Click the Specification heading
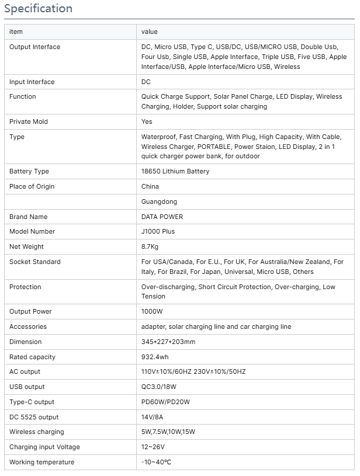tap(38, 9)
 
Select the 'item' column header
tap(16, 32)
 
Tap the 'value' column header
tap(150, 32)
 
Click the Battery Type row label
tap(29, 171)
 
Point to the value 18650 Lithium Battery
tap(175, 171)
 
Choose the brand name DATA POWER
tap(162, 217)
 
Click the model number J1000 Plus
tap(158, 231)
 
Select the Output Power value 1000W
tap(152, 311)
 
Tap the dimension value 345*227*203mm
tap(168, 342)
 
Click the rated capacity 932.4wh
tap(155, 357)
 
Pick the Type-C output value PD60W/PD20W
tap(165, 402)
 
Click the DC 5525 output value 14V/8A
tap(153, 417)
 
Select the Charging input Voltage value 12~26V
tap(153, 447)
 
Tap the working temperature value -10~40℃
tap(156, 462)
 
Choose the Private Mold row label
tap(29, 121)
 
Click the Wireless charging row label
tap(37, 432)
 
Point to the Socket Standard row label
tap(35, 262)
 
